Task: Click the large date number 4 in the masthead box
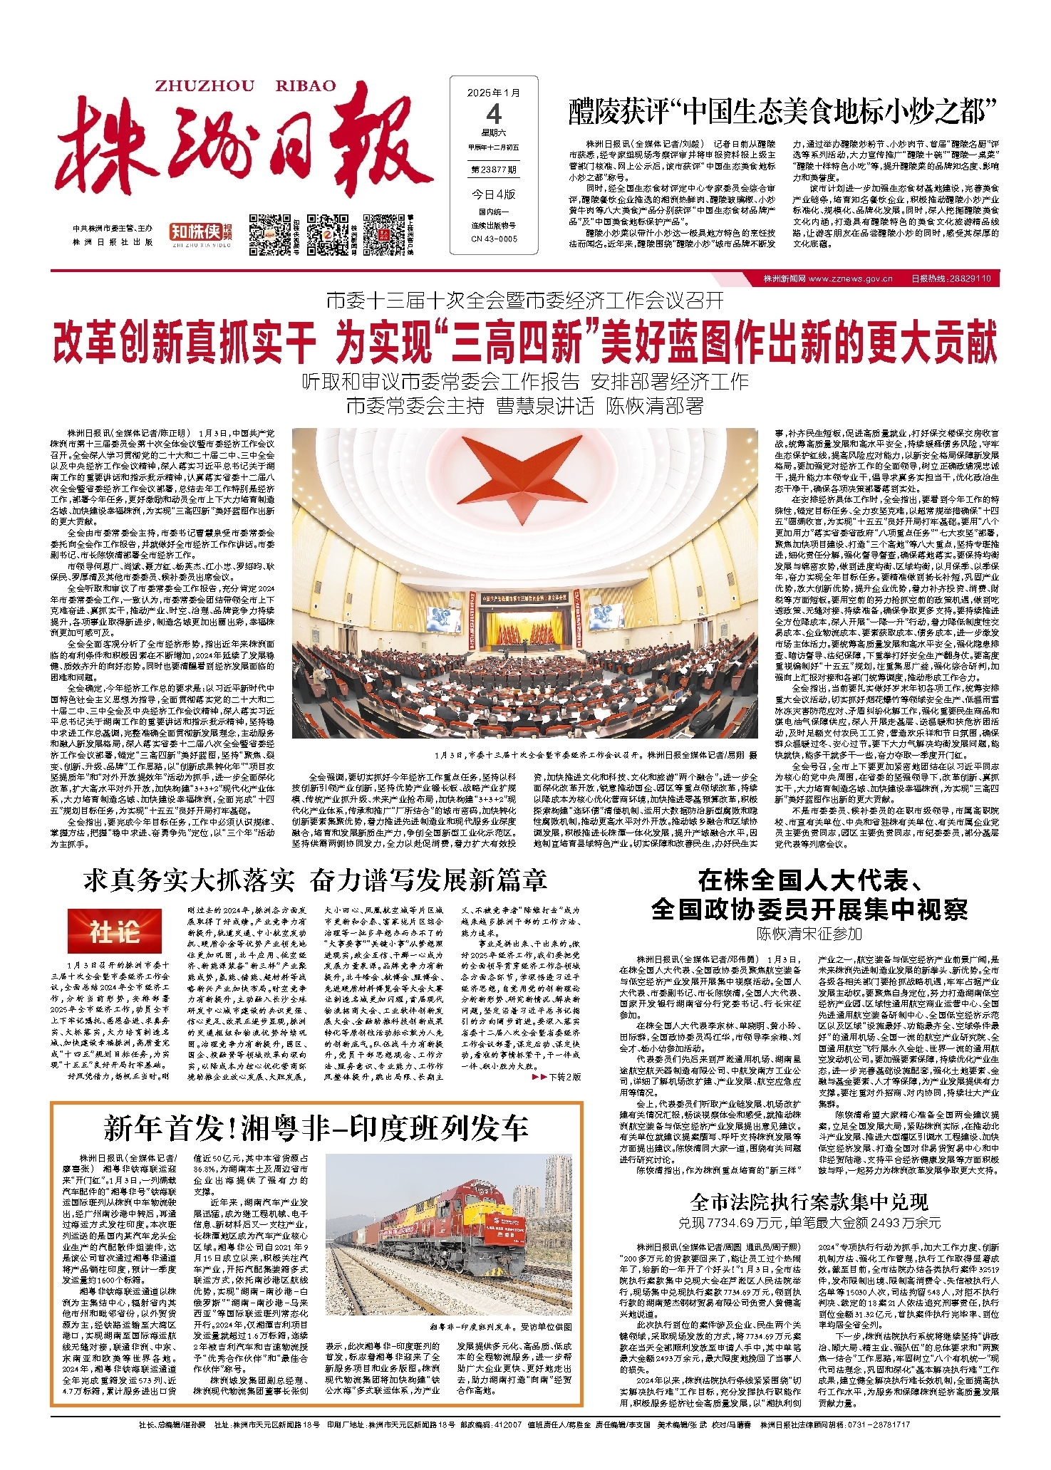pyautogui.click(x=494, y=114)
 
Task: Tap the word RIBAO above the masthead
pyautogui.click(x=305, y=86)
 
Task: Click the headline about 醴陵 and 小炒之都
pyautogui.click(x=782, y=112)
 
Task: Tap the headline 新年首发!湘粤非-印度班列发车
pyautogui.click(x=316, y=1127)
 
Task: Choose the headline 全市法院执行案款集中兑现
pyautogui.click(x=809, y=1202)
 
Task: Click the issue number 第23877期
pyautogui.click(x=494, y=170)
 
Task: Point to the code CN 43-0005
pyautogui.click(x=494, y=239)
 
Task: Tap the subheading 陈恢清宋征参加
pyautogui.click(x=809, y=933)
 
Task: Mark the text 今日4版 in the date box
pyautogui.click(x=494, y=194)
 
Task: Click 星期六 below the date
pyautogui.click(x=494, y=132)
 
